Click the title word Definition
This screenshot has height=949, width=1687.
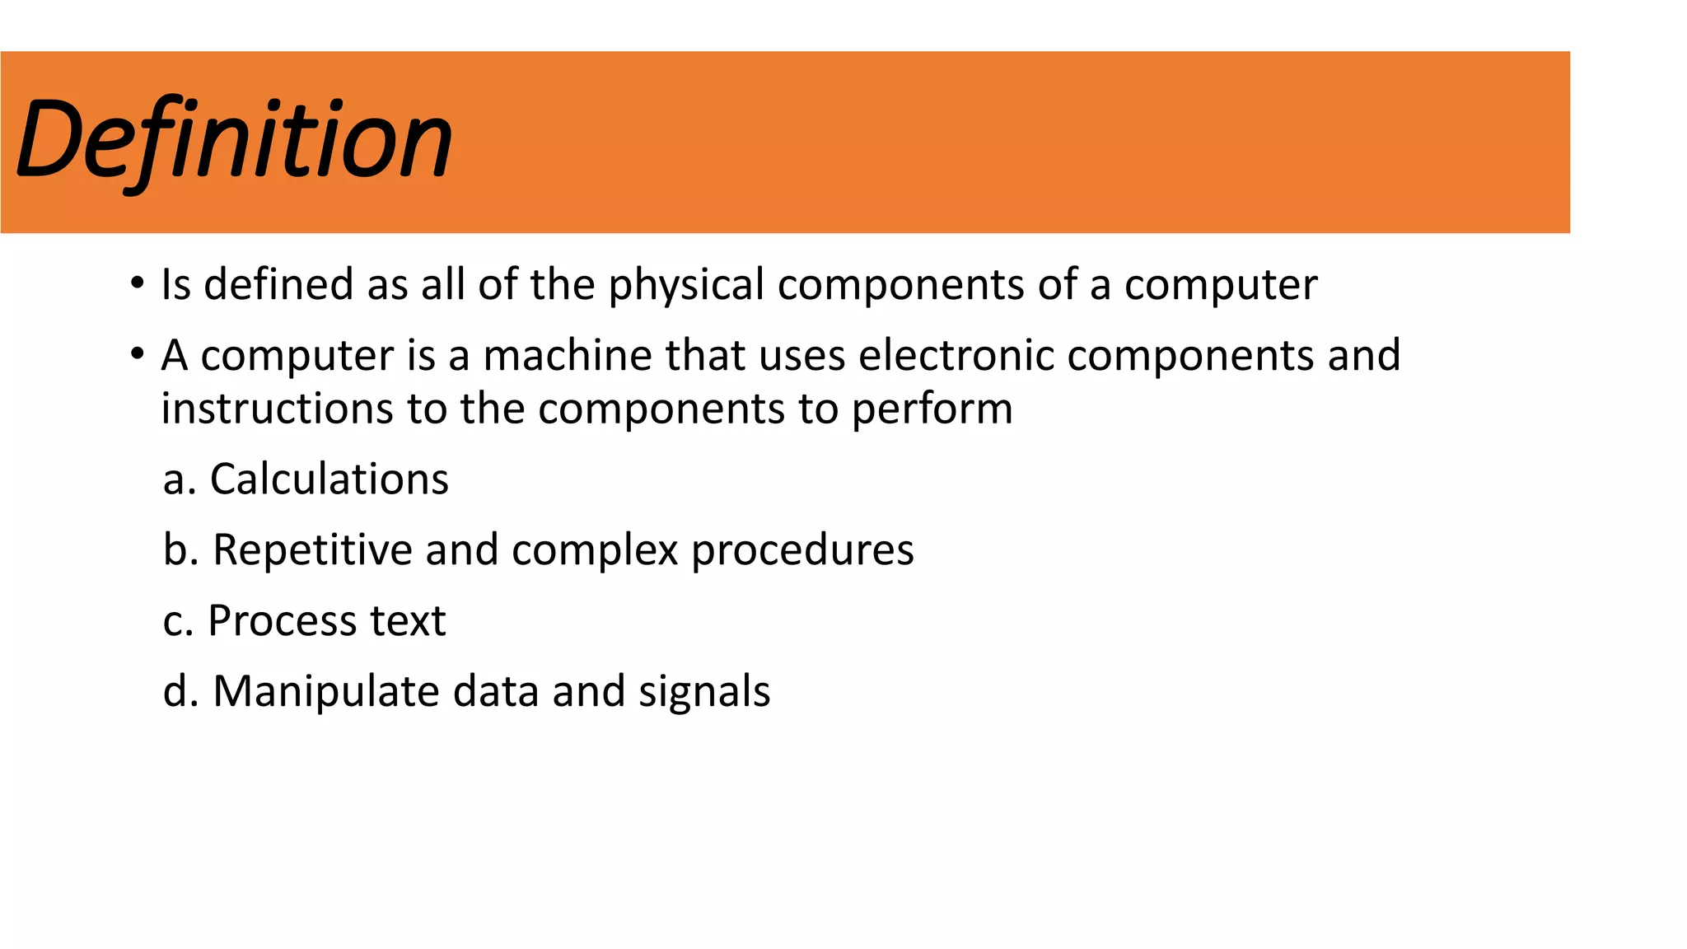[x=235, y=140]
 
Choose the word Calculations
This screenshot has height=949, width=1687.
[x=329, y=479]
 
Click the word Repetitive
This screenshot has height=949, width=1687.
[x=313, y=550]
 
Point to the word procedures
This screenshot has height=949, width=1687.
[x=802, y=550]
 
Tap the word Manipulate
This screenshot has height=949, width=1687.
[x=326, y=692]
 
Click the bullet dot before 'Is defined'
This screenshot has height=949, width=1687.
[x=137, y=284]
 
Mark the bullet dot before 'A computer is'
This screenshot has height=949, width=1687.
[x=137, y=355]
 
